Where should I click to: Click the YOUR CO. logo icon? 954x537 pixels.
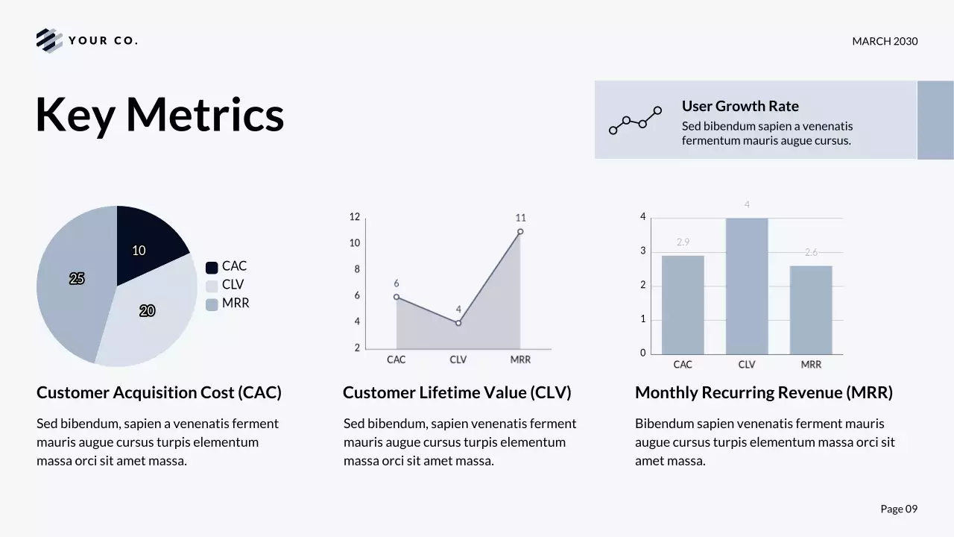coord(49,40)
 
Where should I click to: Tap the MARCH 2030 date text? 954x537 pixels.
coord(885,41)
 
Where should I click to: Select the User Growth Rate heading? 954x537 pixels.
coord(740,106)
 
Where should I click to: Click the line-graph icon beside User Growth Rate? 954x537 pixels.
coord(635,120)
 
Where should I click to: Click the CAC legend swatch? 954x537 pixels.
coord(212,267)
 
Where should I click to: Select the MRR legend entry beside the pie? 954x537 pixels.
coord(227,304)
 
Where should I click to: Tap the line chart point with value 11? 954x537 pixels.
coord(520,231)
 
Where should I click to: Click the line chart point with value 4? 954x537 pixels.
coord(458,323)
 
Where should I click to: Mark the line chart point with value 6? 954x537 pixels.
coord(397,297)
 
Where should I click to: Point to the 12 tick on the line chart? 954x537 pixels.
coord(355,217)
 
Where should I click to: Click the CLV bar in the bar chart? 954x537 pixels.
coord(747,286)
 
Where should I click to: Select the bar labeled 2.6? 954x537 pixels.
coord(811,310)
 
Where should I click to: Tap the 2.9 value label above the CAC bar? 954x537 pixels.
coord(683,242)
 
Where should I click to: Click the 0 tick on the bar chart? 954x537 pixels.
coord(643,354)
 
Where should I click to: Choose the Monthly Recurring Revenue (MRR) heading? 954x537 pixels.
coord(763,392)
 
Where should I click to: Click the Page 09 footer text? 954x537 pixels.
coord(899,509)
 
